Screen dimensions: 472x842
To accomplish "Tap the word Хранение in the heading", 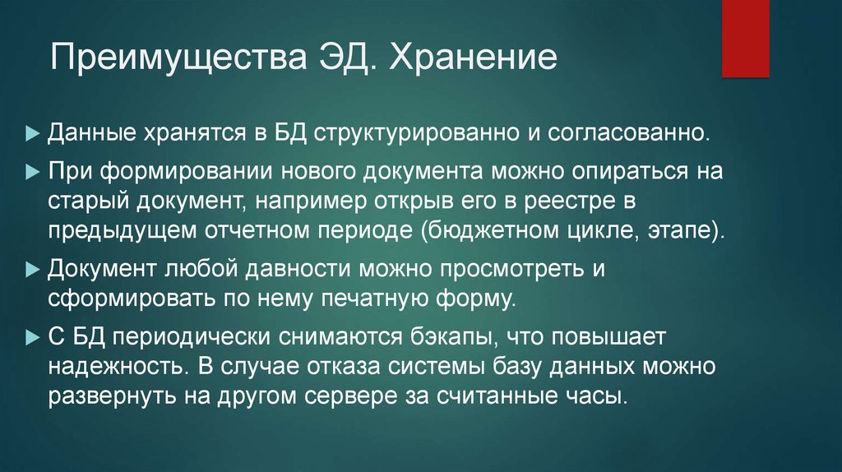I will pos(472,62).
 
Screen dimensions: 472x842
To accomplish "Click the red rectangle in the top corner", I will pos(745,38).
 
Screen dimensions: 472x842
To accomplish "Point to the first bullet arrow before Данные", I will pos(32,132).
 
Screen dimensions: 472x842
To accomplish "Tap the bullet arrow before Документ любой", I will pos(32,269).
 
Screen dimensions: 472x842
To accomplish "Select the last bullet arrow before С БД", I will pos(32,338).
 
